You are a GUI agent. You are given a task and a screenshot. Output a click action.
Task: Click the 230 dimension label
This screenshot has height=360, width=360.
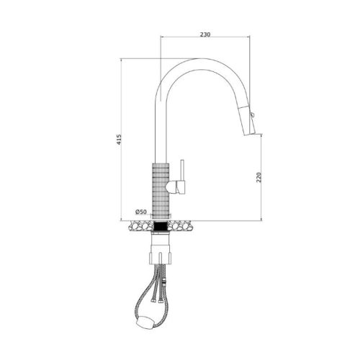coord(205,35)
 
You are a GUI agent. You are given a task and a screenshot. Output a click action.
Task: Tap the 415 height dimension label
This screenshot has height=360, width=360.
coord(119,140)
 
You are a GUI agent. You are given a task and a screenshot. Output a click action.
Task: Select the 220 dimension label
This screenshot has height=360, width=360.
coord(258,177)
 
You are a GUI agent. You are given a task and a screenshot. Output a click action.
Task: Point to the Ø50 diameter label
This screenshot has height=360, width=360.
coord(141,212)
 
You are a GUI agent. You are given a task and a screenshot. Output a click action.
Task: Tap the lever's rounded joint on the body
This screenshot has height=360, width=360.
coord(171,187)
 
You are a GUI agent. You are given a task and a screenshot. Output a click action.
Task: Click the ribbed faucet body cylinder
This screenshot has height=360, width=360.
coord(161,191)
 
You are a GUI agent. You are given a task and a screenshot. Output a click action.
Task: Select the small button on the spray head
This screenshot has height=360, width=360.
coord(252,114)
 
